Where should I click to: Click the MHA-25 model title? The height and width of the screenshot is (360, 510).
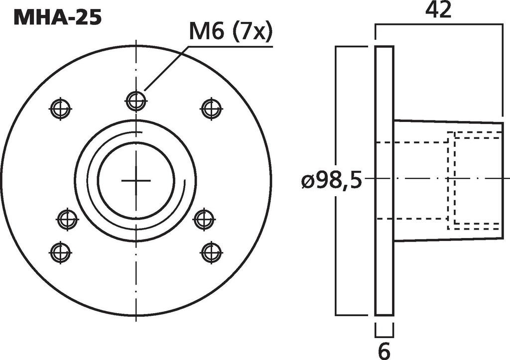tap(58, 17)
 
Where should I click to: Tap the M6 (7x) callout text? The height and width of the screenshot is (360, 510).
tap(231, 33)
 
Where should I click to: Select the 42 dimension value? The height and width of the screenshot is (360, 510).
tap(438, 10)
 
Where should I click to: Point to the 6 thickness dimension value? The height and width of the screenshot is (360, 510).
tap(384, 351)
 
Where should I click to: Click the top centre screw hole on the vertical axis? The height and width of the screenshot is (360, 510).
tap(135, 101)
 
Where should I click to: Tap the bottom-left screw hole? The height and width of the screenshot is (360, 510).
tap(60, 252)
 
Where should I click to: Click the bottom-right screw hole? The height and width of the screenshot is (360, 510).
tap(211, 252)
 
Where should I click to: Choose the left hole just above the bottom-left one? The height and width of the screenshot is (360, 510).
tap(67, 219)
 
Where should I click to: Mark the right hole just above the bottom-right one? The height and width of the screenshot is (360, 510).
tap(204, 219)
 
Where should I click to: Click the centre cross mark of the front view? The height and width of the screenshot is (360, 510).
tap(135, 181)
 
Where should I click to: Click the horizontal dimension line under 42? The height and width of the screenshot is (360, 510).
tap(438, 23)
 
